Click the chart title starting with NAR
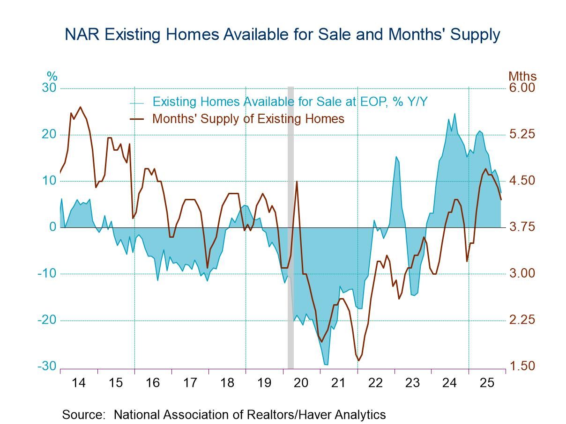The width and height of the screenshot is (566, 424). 283,34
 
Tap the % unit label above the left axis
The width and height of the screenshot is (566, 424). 52,76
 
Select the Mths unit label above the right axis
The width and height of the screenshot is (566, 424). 522,76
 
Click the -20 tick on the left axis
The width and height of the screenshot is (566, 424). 47,320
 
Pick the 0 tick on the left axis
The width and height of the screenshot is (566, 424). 53,227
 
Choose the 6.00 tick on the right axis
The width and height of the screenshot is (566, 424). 522,88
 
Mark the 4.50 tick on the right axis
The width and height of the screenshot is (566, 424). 522,181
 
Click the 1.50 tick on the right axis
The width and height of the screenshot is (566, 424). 522,366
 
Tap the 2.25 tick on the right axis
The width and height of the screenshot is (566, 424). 522,320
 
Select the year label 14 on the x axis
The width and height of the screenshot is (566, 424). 79,383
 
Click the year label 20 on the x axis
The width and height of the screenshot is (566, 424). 301,383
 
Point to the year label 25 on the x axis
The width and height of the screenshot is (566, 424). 487,383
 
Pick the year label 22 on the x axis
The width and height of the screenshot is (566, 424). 375,383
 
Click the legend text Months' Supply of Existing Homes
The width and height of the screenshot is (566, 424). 248,119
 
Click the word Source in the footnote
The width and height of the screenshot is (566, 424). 83,415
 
